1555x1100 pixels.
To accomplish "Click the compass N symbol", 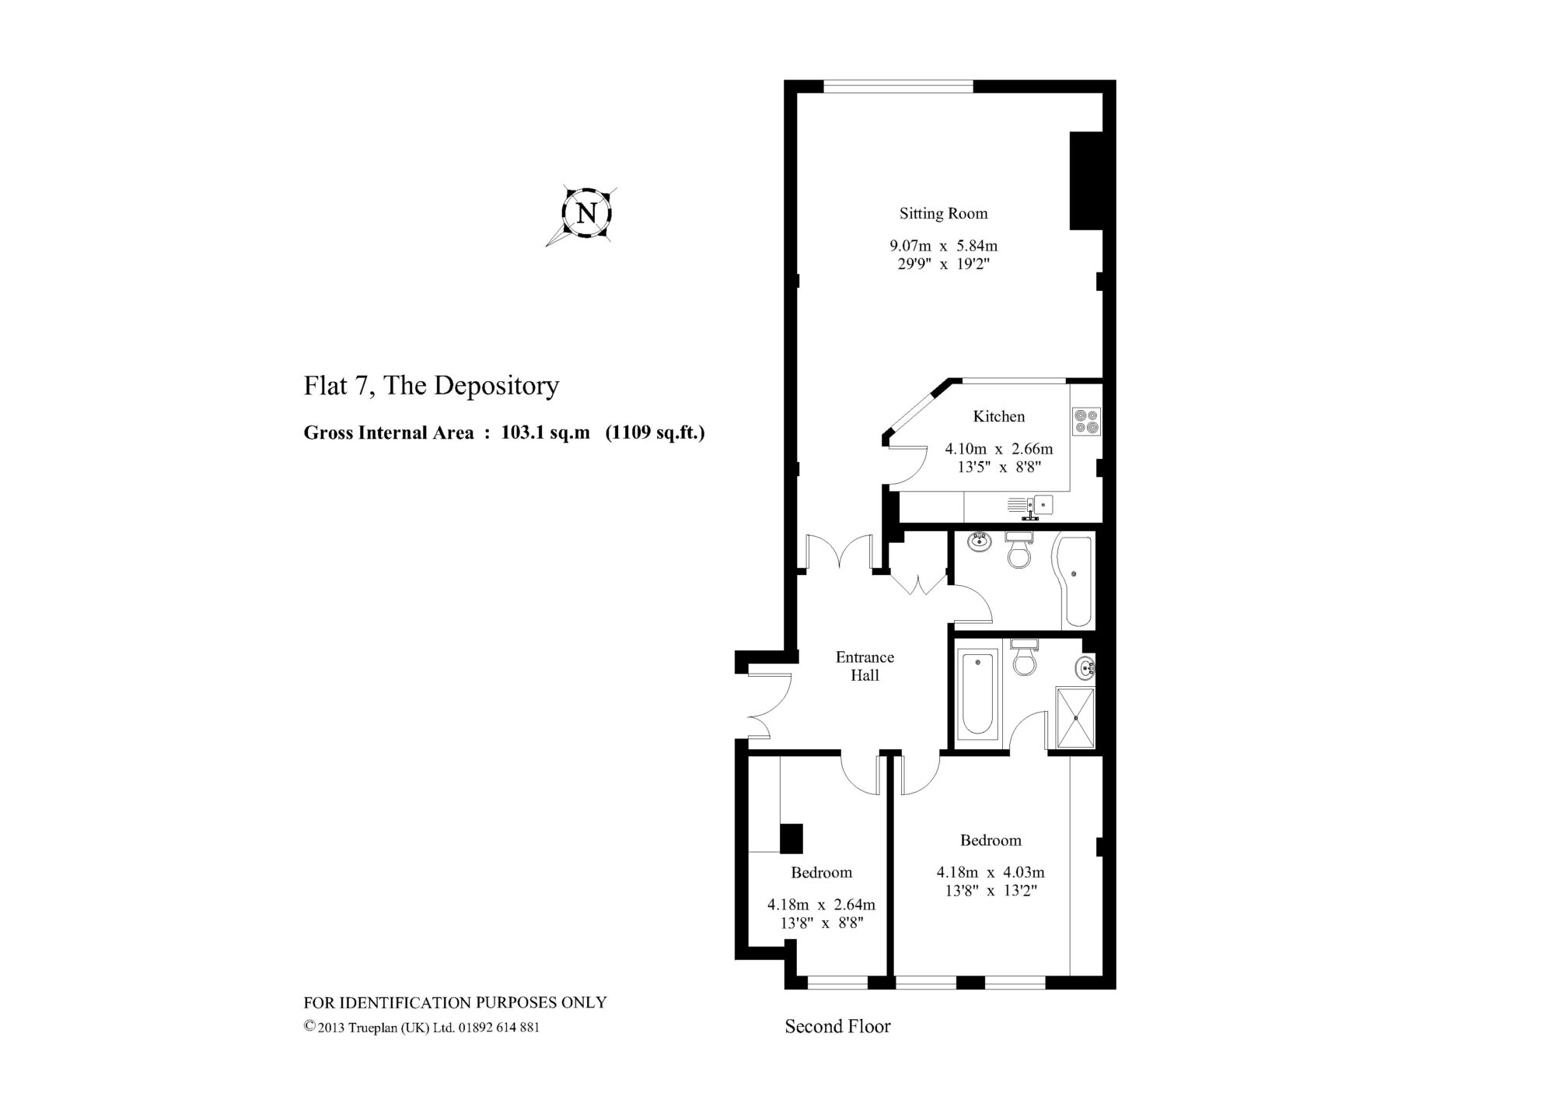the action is point(587,213).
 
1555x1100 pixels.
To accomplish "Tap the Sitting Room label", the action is point(943,213).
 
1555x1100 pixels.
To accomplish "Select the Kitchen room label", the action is point(998,416).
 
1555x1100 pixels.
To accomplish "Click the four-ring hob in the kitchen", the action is point(1086,420).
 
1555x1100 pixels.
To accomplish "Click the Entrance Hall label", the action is point(865,666).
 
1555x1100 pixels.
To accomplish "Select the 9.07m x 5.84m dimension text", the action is point(943,246).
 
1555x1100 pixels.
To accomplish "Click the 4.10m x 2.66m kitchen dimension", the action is point(998,449).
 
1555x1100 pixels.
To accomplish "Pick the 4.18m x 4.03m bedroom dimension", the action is point(991,873).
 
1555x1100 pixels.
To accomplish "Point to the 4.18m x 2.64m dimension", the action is point(821,905).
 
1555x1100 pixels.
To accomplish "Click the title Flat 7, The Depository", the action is point(432,386).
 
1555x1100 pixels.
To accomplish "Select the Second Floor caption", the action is point(837,1027).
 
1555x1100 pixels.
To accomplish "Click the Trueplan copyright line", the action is point(421,1028).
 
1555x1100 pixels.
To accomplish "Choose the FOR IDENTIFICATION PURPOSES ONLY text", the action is point(455,1003).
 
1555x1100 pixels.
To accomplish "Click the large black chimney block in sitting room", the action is point(1086,180).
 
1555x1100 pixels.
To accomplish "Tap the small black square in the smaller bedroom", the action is point(1024,838).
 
